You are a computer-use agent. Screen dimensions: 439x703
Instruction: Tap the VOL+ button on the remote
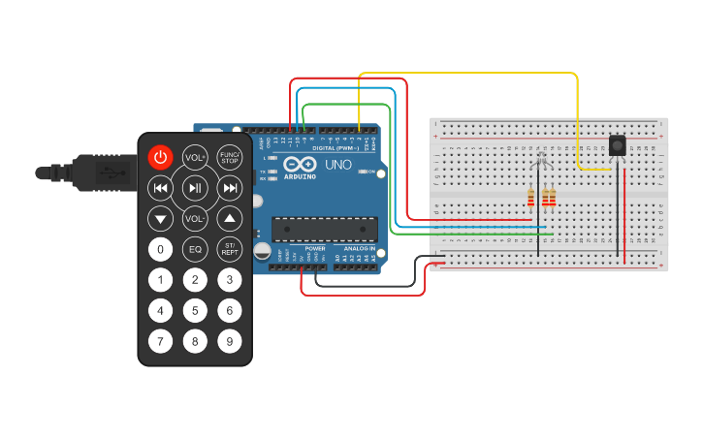(195, 157)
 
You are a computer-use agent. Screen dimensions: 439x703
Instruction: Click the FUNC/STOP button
(229, 157)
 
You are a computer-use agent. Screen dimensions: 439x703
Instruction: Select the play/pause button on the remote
(195, 188)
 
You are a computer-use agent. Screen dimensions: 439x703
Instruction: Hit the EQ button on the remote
(195, 249)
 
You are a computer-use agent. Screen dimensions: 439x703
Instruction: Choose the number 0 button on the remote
(160, 249)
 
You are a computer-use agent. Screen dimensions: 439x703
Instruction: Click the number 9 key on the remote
(229, 341)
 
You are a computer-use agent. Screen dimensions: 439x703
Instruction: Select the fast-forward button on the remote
(230, 188)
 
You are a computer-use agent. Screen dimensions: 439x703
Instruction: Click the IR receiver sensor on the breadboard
(617, 145)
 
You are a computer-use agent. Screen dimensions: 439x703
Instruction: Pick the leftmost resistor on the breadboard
(530, 199)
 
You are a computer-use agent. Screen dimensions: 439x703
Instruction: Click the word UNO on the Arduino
(336, 166)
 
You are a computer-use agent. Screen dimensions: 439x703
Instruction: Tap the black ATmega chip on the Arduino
(323, 229)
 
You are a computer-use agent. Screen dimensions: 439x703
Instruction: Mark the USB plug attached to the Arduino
(92, 172)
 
